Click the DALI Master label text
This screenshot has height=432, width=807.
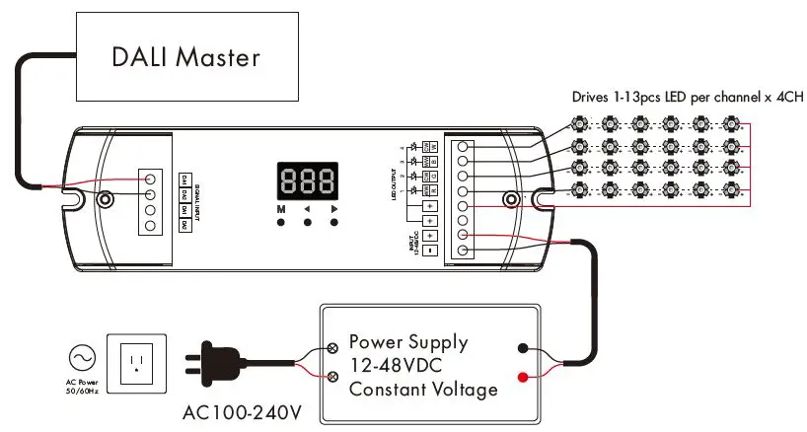[x=185, y=56]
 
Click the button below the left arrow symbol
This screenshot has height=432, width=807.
[x=308, y=223]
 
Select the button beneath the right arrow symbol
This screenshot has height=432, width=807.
[x=334, y=223]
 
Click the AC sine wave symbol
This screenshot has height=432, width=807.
[x=82, y=355]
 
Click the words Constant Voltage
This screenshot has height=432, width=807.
[x=423, y=390]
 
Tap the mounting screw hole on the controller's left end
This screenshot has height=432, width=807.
[x=104, y=199]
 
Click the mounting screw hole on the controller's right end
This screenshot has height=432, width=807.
[x=511, y=199]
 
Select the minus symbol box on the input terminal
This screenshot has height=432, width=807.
[x=430, y=251]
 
